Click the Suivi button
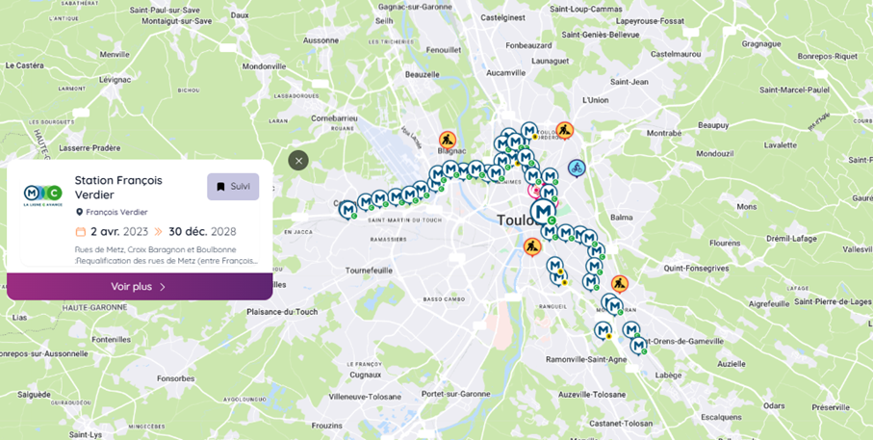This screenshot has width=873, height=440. click(233, 187)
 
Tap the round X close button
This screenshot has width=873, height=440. click(298, 161)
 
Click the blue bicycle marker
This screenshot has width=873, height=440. click(577, 168)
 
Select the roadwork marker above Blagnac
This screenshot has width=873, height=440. click(448, 140)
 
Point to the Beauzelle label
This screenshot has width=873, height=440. click(423, 74)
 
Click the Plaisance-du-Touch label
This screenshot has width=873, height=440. click(282, 312)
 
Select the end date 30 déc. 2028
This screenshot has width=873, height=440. click(202, 231)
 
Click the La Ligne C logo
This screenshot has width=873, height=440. click(42, 195)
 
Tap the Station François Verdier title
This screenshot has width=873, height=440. click(118, 187)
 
